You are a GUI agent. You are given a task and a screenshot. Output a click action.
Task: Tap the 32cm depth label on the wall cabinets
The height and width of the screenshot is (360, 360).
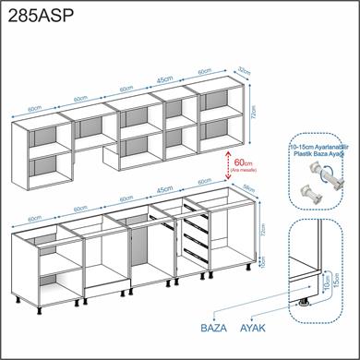pos(243,69)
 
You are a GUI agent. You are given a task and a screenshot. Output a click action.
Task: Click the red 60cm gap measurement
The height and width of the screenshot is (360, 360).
pos(245,162)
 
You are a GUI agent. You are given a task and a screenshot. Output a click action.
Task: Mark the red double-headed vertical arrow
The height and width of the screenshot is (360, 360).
pos(227,164)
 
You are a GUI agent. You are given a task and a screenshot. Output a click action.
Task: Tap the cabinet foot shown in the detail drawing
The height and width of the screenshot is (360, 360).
pos(305,301)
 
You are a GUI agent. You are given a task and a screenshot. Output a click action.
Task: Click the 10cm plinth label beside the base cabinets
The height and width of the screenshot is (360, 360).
pos(262,262)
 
